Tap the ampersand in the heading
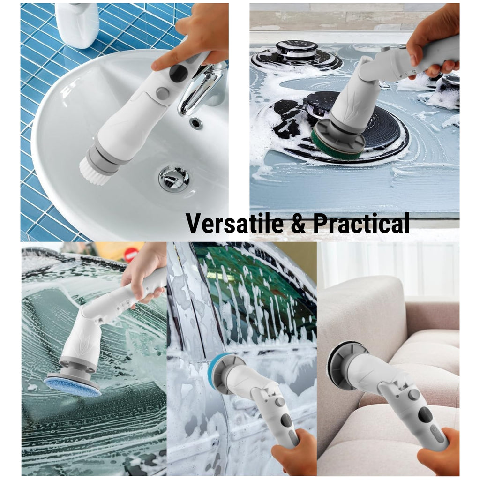click(x=298, y=223)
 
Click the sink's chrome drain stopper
click(x=173, y=179)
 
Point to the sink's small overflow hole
click(x=195, y=123)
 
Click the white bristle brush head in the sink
click(x=95, y=171)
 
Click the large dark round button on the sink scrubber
click(x=178, y=73)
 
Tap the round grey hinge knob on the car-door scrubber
click(x=279, y=402)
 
